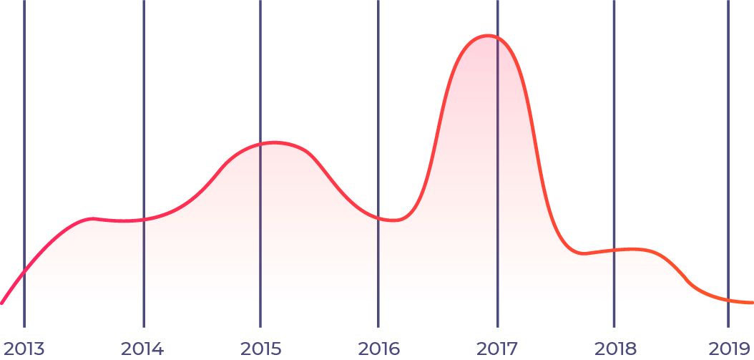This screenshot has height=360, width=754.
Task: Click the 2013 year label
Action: point(24,349)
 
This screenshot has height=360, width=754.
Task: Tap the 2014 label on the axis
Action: point(142,349)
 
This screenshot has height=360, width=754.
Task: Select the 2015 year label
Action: point(260,349)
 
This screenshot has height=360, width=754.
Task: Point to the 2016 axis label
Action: point(379,349)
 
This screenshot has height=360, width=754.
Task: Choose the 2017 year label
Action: point(497,349)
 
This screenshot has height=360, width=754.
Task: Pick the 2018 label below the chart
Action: point(615,349)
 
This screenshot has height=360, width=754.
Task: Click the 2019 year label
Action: point(728,349)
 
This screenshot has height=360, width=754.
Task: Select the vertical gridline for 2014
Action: point(144,107)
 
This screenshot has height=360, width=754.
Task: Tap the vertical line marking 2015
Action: point(260,72)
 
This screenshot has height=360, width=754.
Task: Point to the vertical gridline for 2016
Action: point(378,107)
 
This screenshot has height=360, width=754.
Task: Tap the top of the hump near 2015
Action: point(272,142)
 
